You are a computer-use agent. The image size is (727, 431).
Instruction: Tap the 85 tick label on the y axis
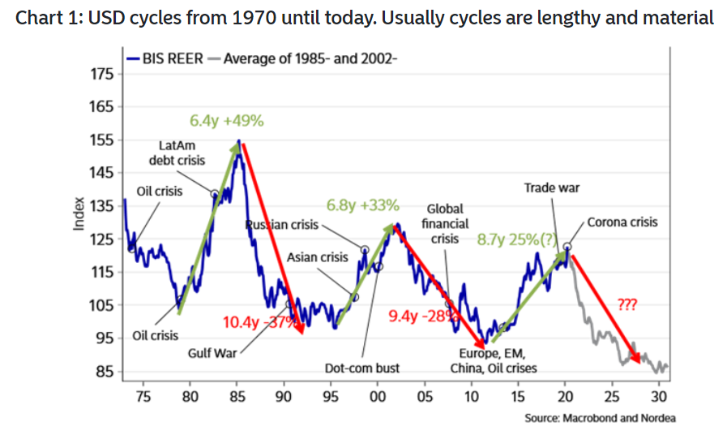pos(107,372)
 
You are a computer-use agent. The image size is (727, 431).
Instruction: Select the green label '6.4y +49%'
pos(227,122)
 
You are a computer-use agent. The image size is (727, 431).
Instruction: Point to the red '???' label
pos(627,306)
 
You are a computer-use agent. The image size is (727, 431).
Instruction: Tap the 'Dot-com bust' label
pos(362,369)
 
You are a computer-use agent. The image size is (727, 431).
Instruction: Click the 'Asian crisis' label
pos(318,257)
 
